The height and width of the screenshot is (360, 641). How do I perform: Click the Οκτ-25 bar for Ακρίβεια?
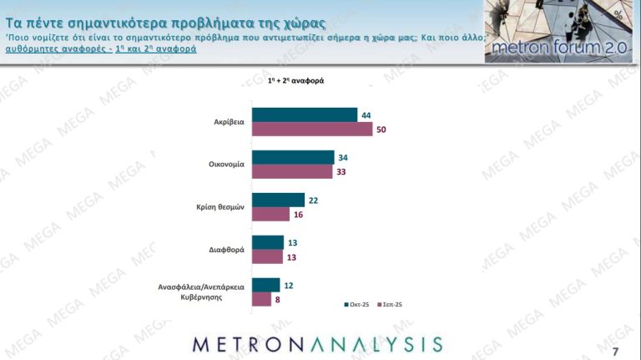coord(304,114)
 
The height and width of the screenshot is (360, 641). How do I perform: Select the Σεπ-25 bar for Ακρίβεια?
coord(311,129)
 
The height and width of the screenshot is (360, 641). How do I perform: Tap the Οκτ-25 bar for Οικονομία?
coord(292,157)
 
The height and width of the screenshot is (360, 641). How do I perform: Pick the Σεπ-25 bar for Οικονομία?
coord(291,171)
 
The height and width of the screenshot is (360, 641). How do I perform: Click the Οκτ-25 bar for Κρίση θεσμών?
coord(278,200)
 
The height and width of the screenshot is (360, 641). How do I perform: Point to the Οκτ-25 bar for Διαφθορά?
coord(267,242)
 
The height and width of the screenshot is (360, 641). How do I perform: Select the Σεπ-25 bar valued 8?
coord(261,299)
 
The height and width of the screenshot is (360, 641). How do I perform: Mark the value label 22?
coord(315,200)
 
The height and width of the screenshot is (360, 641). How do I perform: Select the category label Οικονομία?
coord(226,165)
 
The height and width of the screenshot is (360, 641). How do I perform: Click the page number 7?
coord(615,349)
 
